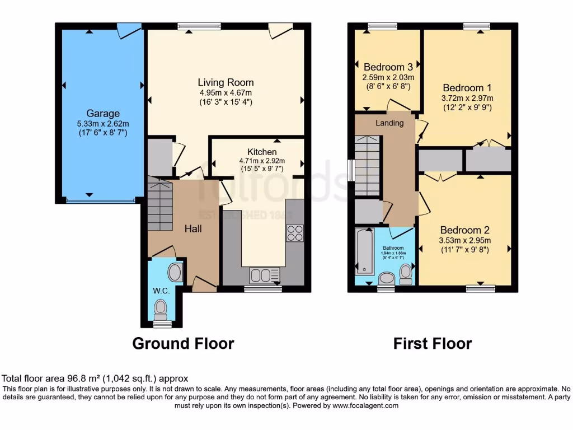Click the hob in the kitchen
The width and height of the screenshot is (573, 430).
(x=295, y=232)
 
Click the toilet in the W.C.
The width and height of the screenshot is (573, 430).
(x=161, y=307)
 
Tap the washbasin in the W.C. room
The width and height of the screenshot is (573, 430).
(x=175, y=273)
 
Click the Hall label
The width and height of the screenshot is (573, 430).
(x=194, y=228)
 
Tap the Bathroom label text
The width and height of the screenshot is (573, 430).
(x=393, y=247)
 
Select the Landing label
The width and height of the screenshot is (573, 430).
(x=389, y=123)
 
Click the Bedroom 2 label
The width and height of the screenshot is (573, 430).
(x=464, y=230)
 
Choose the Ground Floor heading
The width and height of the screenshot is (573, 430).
(x=183, y=343)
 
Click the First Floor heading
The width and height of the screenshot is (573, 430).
(x=433, y=343)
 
